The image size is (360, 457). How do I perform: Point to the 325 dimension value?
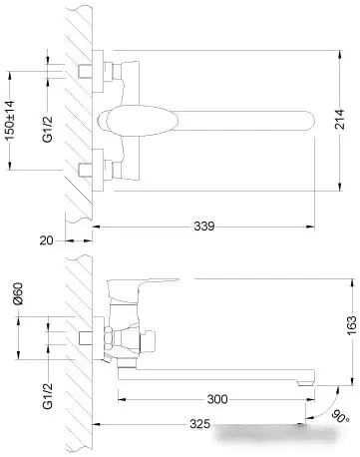pos(199,424)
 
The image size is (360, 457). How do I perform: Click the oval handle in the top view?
pos(125,121)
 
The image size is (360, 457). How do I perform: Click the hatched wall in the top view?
pos(75,120)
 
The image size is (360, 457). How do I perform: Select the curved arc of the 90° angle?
pos(324,409)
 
